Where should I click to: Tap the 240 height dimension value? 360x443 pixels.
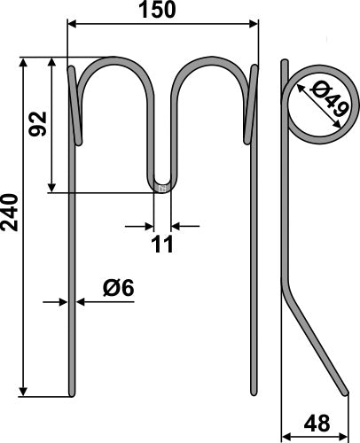tap(12, 213)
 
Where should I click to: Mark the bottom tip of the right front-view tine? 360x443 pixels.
tap(254, 394)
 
